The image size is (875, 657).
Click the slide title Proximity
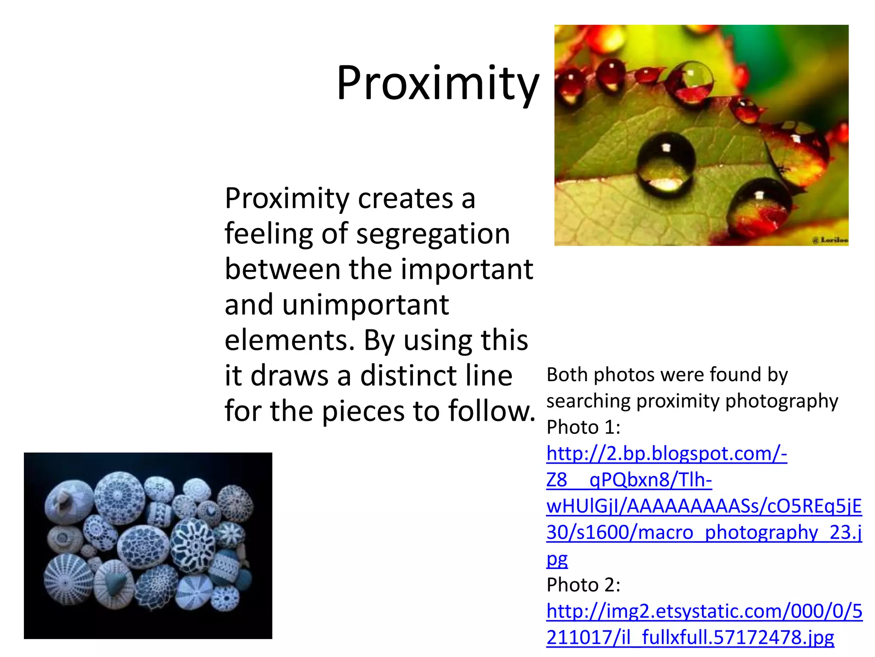coord(437,83)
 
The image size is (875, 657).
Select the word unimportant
coord(365,305)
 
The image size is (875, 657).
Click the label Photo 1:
coord(583,427)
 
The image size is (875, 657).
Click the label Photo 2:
coord(583,585)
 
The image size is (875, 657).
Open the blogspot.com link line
coord(667,454)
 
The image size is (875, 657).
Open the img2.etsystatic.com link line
coord(704,611)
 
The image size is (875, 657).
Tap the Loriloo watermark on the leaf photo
coord(831,240)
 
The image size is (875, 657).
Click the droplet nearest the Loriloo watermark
coord(758,205)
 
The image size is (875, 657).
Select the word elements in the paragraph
coord(289,340)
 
